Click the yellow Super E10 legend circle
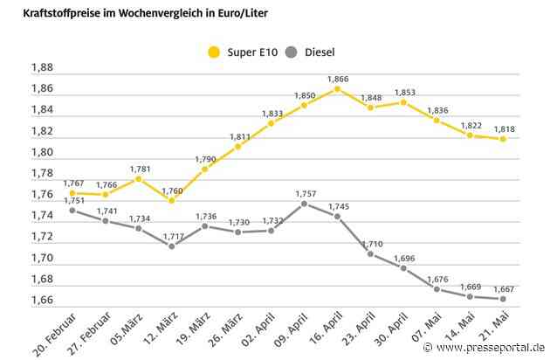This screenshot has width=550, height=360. [212, 52]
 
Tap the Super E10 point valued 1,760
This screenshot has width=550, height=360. [171, 200]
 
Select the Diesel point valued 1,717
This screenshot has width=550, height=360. [171, 246]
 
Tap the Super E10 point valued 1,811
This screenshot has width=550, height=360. [238, 146]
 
